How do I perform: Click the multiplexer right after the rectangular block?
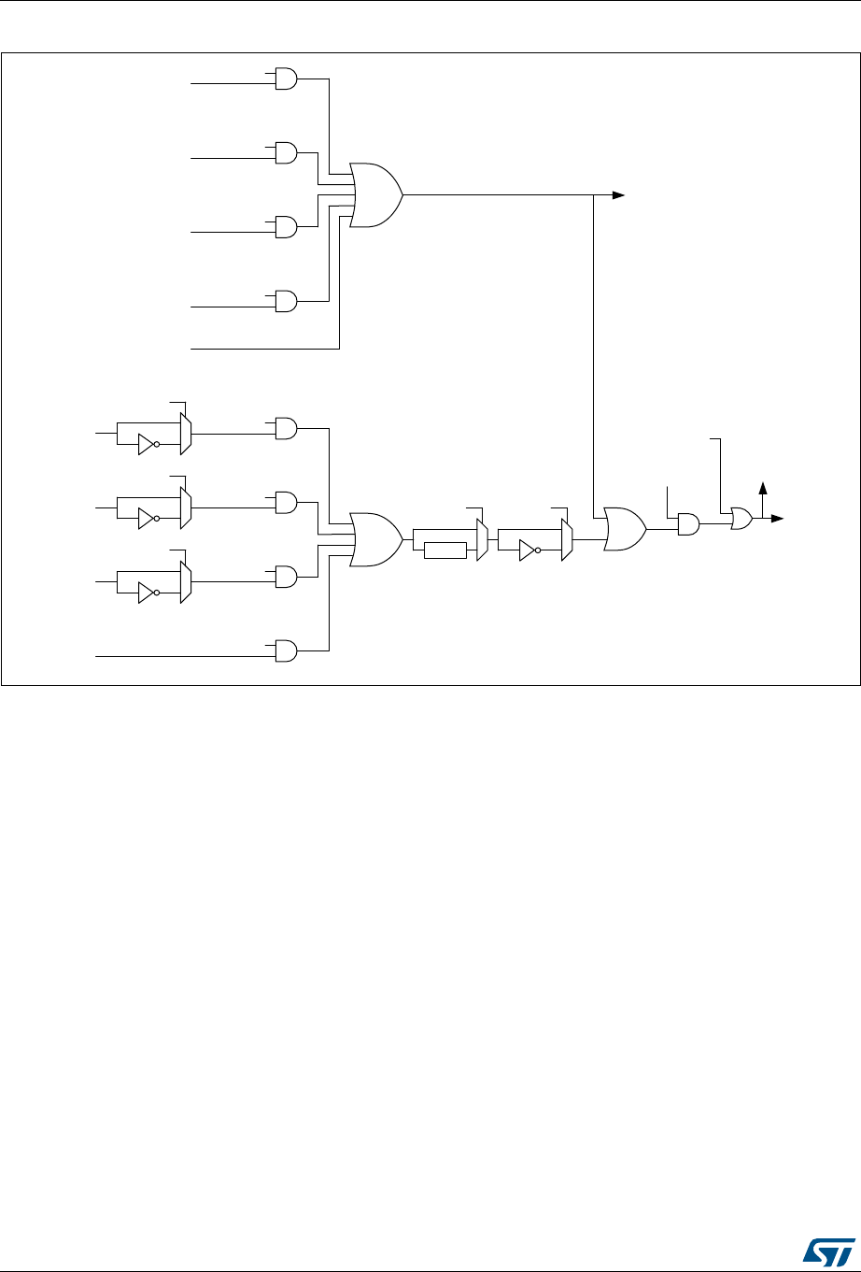pyautogui.click(x=482, y=540)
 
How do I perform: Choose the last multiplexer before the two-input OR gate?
pyautogui.click(x=566, y=540)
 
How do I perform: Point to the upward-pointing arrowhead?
pyautogui.click(x=763, y=487)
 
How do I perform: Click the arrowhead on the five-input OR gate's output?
pyautogui.click(x=618, y=194)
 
